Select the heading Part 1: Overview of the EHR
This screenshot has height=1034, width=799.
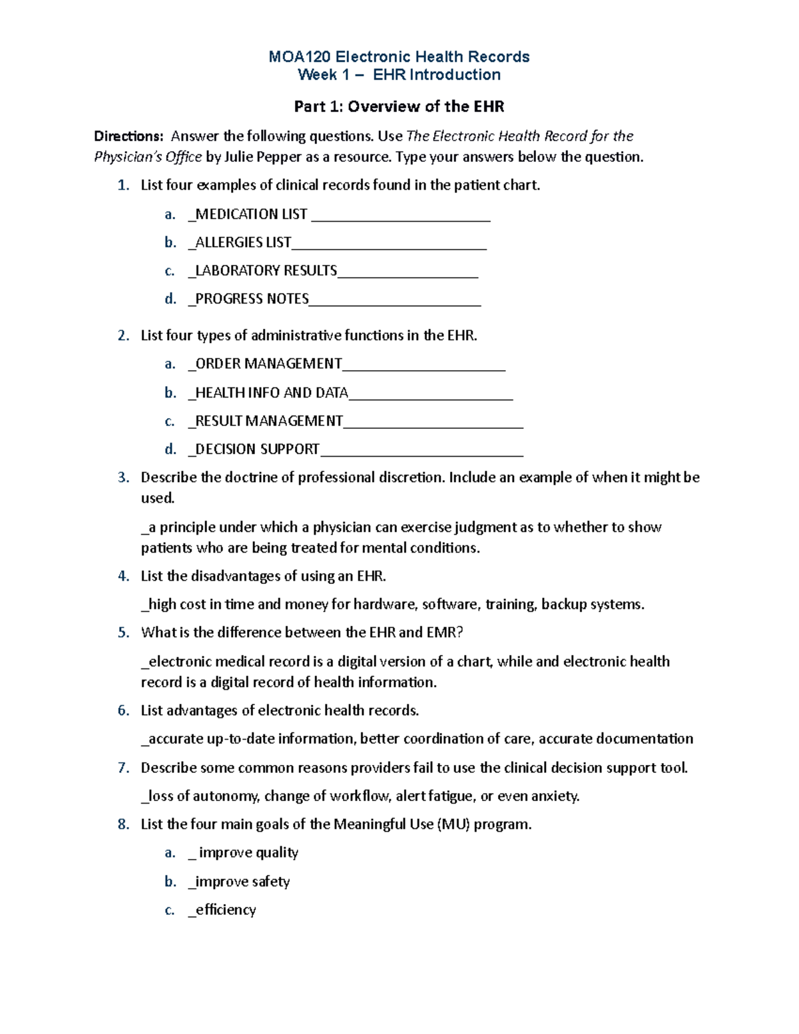[399, 107]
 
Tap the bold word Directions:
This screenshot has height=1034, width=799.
[129, 136]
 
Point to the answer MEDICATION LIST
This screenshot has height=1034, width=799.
[251, 214]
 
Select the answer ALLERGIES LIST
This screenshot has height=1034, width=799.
[243, 242]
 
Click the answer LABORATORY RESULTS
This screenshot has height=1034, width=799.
[266, 270]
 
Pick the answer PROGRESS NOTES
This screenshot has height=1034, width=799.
[252, 299]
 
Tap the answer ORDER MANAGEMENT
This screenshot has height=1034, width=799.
[268, 364]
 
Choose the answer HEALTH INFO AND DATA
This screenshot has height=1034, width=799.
[271, 393]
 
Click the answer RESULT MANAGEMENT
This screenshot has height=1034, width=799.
[269, 421]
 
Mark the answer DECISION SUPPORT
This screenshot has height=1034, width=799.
[257, 449]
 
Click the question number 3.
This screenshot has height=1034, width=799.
[123, 477]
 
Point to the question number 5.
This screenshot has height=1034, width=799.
[123, 633]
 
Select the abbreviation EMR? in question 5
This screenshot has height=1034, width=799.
[445, 633]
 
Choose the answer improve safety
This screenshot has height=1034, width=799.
[242, 882]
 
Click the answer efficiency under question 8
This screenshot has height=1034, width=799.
[226, 909]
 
